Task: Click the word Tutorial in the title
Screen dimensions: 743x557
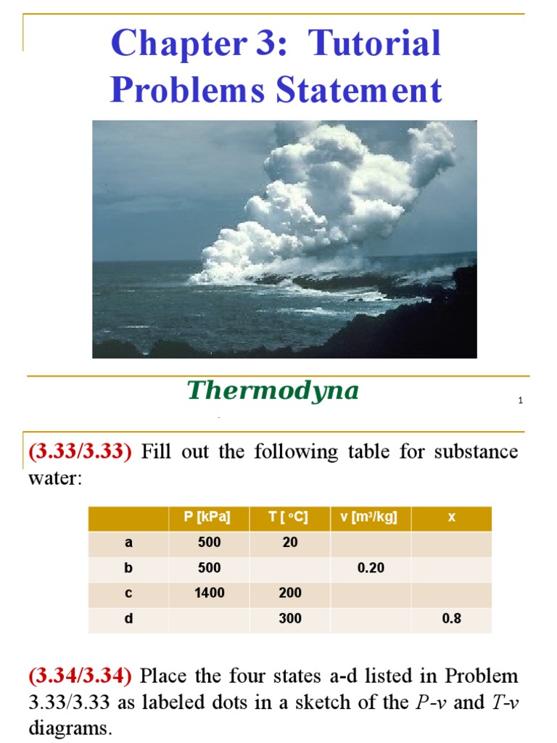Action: click(374, 44)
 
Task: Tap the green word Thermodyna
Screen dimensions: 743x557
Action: click(273, 391)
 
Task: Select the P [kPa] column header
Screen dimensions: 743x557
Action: click(207, 517)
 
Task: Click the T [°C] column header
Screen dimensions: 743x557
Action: click(289, 517)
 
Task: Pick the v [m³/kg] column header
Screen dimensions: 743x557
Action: click(370, 517)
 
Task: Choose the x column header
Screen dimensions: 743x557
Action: click(451, 517)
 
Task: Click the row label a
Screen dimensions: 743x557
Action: click(129, 543)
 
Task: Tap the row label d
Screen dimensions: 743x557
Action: click(129, 619)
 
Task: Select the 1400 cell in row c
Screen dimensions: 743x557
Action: click(209, 594)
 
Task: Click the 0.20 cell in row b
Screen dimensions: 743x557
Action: click(371, 568)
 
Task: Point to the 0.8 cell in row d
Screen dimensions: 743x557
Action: click(451, 619)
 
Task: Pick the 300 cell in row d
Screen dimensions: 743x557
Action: click(290, 619)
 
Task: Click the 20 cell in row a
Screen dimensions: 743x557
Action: click(290, 543)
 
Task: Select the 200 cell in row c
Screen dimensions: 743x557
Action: click(290, 594)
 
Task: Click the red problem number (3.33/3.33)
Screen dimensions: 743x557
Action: click(81, 452)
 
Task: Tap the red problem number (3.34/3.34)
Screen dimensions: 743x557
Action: click(81, 677)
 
